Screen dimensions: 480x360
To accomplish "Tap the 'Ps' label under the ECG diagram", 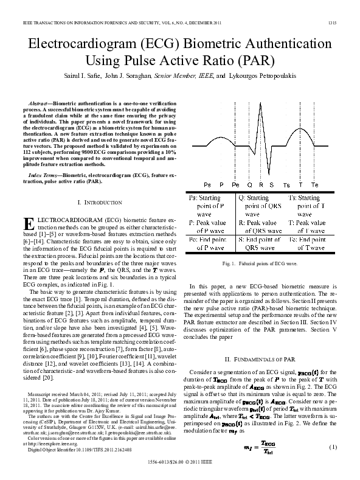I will [x=208, y=184].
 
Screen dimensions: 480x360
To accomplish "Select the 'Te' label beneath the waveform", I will [x=314, y=184].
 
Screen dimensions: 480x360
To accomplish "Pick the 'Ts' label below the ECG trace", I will [x=286, y=184].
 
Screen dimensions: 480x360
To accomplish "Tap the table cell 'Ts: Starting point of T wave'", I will [x=312, y=206].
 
